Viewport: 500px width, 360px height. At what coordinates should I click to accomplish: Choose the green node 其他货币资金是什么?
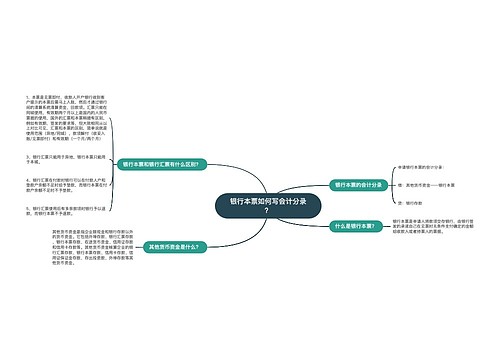[x=176, y=245]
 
